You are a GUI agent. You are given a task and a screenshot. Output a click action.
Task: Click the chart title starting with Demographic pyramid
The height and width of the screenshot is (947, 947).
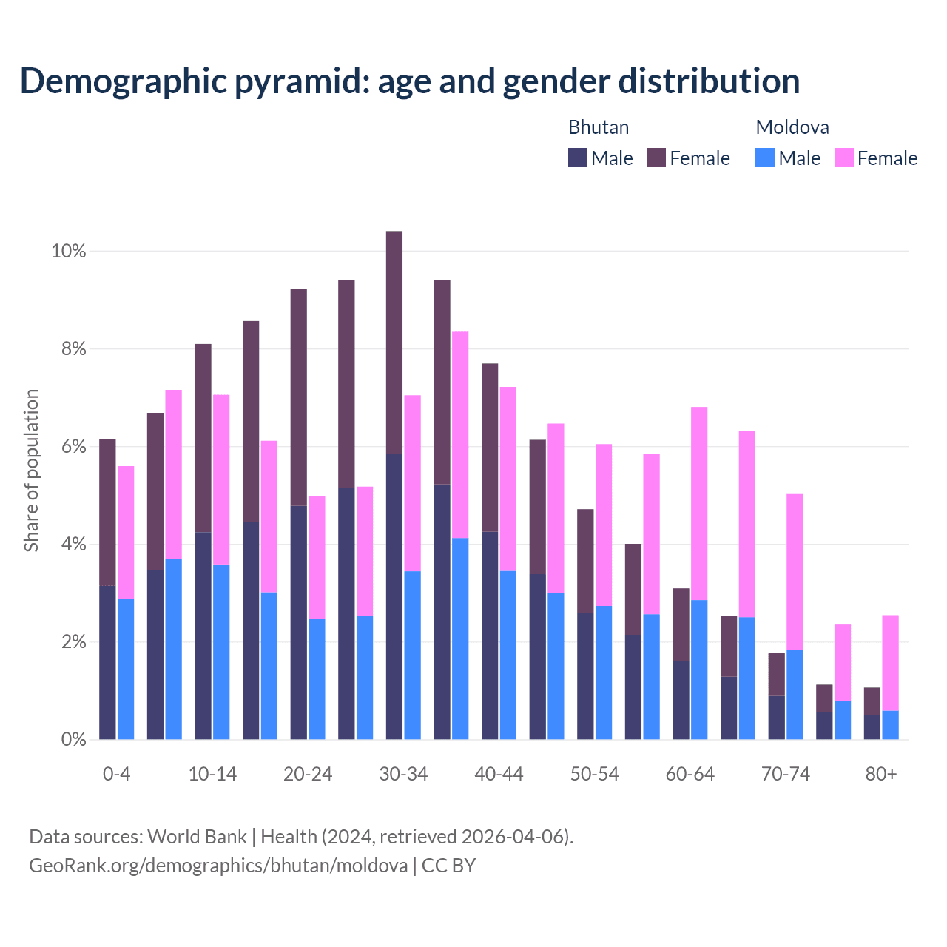tap(410, 81)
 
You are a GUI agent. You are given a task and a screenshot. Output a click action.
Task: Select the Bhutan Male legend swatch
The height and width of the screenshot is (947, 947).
tap(577, 158)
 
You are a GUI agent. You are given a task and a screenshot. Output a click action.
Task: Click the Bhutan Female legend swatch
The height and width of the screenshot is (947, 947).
tap(656, 158)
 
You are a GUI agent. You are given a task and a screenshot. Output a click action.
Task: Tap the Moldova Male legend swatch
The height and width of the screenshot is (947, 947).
tap(765, 158)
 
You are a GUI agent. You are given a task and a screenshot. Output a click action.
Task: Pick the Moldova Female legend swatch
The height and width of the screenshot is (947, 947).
tap(843, 158)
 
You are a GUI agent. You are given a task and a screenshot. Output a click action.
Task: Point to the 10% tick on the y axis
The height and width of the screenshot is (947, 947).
tap(69, 252)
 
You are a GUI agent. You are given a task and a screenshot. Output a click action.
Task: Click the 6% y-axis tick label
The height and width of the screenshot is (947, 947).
tap(73, 447)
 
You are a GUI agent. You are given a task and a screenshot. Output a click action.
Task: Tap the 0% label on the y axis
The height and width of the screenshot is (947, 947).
tap(73, 739)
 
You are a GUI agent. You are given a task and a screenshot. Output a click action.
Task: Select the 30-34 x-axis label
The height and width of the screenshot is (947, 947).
tap(403, 774)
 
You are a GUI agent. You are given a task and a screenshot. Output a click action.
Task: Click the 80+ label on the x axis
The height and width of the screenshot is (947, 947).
tap(881, 774)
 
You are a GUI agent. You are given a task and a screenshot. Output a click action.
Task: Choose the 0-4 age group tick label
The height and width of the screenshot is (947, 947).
tap(117, 774)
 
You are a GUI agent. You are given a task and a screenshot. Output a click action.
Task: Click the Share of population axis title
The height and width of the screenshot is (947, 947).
tap(31, 471)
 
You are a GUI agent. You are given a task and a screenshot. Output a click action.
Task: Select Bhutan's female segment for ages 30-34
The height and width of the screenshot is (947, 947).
tap(394, 342)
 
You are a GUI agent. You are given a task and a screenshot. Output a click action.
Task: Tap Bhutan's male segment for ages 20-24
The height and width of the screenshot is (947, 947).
tap(299, 621)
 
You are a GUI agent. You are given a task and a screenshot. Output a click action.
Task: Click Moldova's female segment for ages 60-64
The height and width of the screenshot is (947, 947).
tap(699, 503)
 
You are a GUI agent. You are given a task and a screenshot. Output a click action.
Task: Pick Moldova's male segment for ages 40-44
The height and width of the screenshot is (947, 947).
tap(508, 655)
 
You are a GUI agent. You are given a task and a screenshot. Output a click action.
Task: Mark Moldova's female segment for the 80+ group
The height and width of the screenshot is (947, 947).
tap(890, 663)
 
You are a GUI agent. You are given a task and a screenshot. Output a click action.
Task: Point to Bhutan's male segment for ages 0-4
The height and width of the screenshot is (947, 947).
tap(107, 662)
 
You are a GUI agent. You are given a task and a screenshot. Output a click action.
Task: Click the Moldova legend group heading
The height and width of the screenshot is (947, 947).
tap(792, 127)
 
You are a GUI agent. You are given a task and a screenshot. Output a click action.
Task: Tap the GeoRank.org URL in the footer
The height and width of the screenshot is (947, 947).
tap(218, 865)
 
